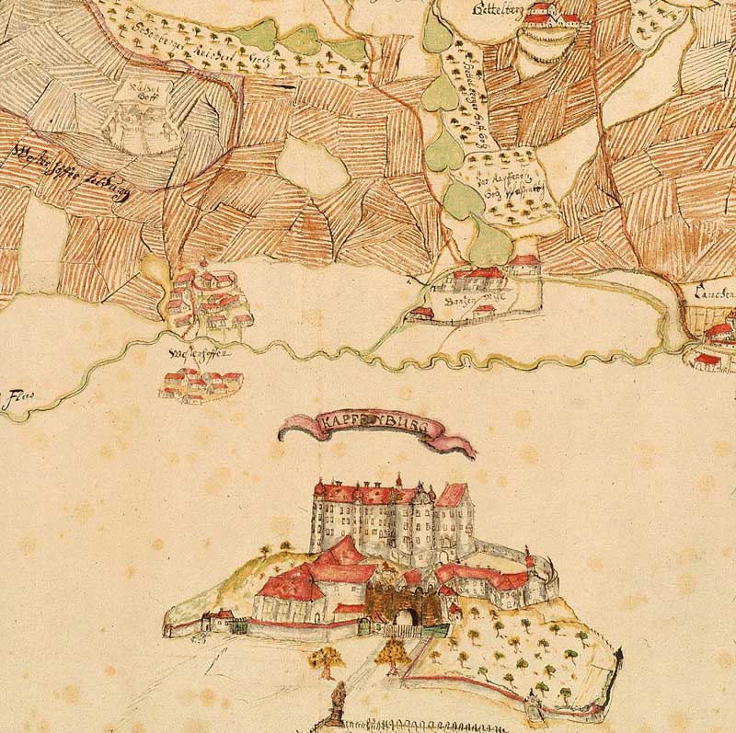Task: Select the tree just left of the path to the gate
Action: coord(325,659)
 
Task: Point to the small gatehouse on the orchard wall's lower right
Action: coord(532,704)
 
